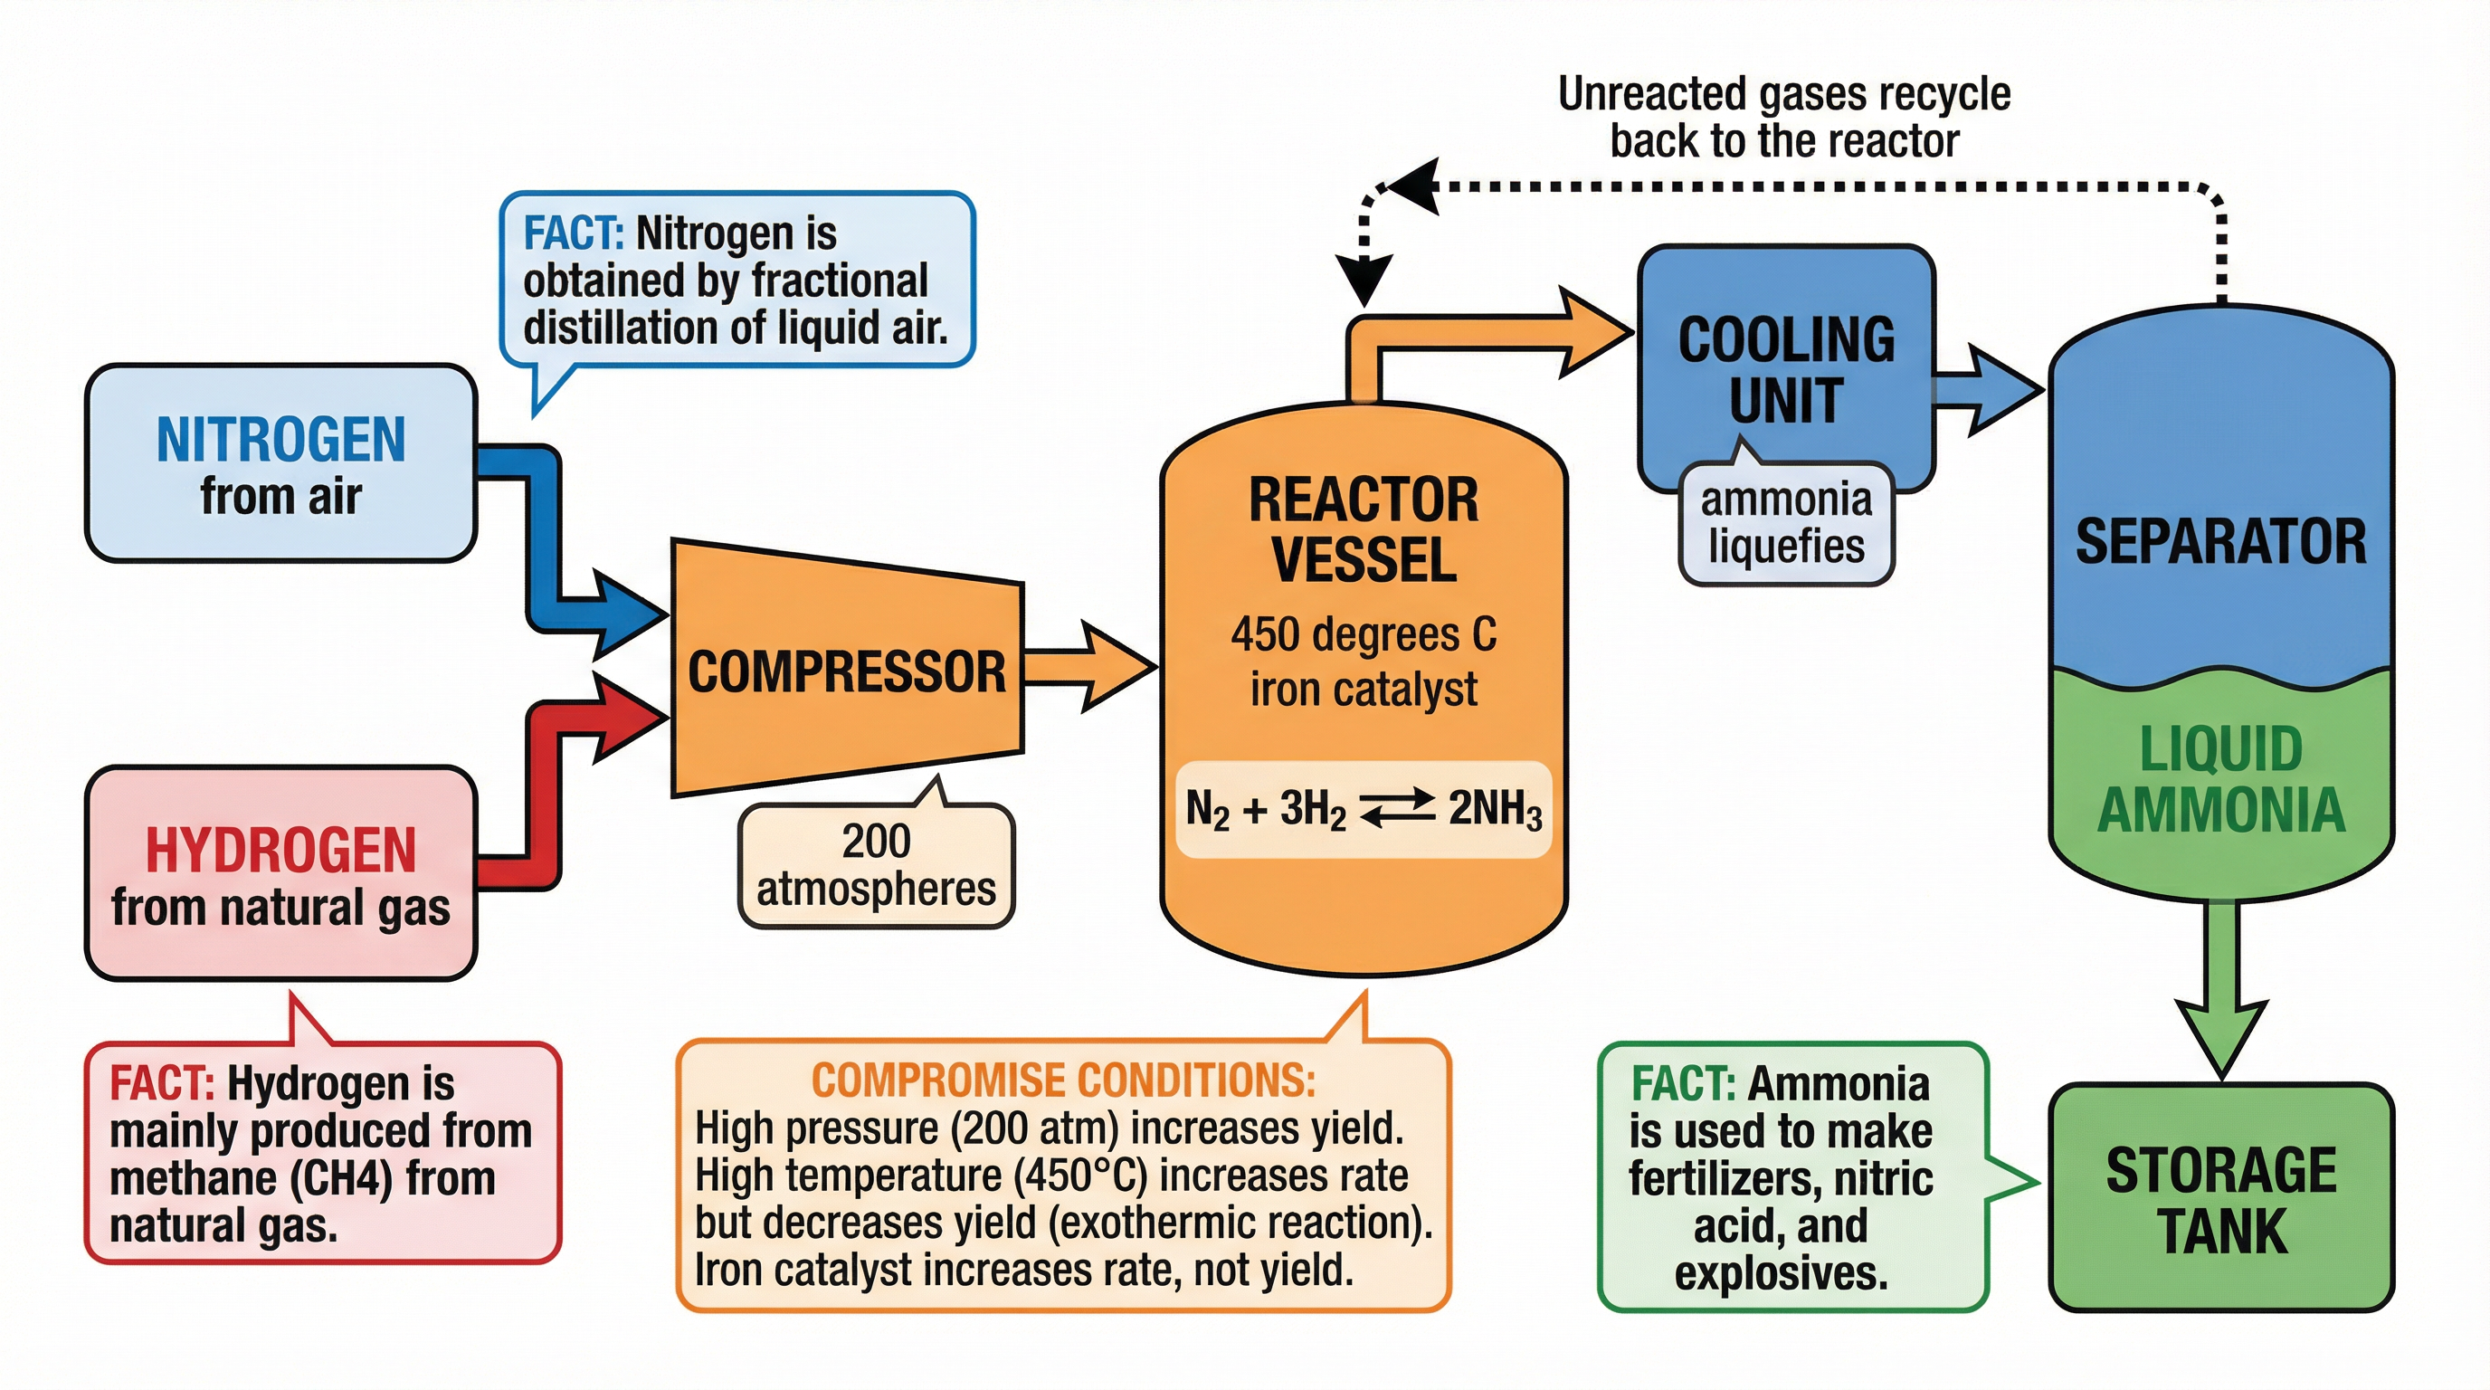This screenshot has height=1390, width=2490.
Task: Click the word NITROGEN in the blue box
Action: click(x=280, y=440)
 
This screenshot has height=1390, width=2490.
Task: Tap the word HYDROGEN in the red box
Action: click(x=280, y=851)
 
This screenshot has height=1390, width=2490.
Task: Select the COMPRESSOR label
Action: click(x=846, y=671)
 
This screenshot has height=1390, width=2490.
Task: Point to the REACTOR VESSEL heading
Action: click(x=1363, y=529)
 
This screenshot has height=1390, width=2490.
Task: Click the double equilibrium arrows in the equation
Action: click(x=1397, y=808)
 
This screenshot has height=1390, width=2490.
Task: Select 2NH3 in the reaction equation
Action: click(x=1494, y=808)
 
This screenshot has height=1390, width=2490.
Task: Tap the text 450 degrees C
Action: click(x=1363, y=635)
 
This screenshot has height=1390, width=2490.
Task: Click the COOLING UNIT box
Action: click(x=1785, y=369)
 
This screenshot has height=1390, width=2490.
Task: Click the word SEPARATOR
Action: click(x=2220, y=541)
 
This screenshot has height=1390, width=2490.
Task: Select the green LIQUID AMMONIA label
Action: click(x=2220, y=778)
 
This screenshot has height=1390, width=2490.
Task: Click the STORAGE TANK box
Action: click(x=2220, y=1199)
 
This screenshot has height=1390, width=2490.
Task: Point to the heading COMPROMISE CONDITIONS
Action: click(x=1063, y=1081)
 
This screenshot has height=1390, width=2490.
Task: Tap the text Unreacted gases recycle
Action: click(x=1783, y=95)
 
